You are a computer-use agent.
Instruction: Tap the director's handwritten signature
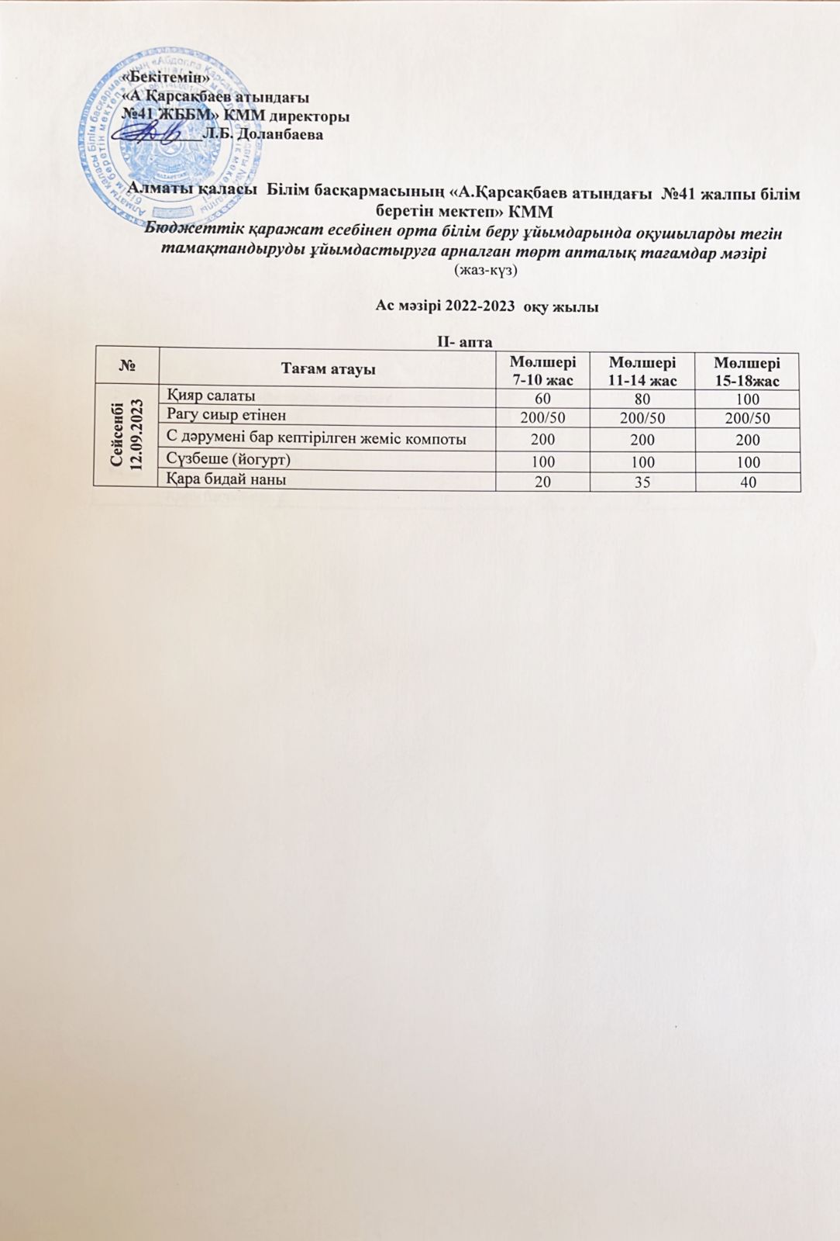(x=159, y=134)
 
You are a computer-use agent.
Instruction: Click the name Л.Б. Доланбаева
(x=262, y=133)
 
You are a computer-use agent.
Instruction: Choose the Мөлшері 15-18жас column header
(x=747, y=371)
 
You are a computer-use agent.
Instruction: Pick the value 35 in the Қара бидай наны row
(x=642, y=482)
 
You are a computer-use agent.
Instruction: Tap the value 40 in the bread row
(x=747, y=482)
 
